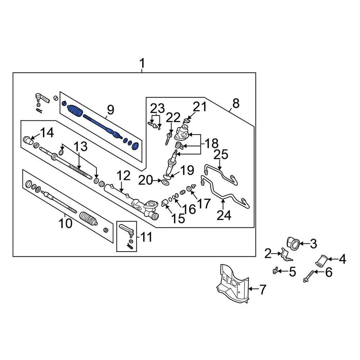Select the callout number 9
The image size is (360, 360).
110,110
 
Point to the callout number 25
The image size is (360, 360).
222,154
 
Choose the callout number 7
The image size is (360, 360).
262,289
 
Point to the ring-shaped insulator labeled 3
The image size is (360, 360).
293,244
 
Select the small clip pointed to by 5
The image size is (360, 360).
276,270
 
